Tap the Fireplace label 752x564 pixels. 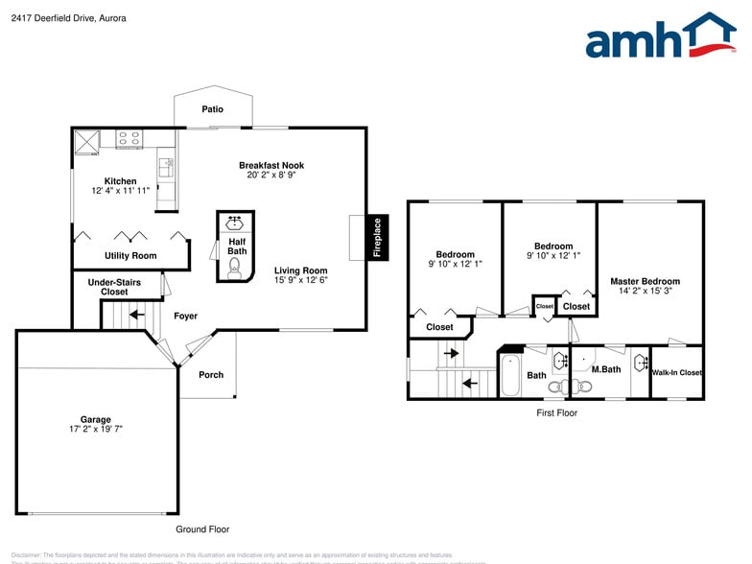[x=377, y=238]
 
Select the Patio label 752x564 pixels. [x=212, y=109]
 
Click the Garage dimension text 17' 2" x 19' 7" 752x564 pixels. [x=95, y=430]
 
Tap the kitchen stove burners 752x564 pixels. [x=129, y=139]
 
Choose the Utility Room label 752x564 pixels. [x=130, y=256]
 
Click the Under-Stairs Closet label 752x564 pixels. [x=114, y=287]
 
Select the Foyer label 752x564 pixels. [x=185, y=316]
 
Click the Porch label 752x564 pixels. [x=211, y=374]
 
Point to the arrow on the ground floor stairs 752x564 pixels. [x=135, y=314]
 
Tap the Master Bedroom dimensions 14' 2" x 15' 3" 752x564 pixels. [x=645, y=291]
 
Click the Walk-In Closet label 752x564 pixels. [x=677, y=372]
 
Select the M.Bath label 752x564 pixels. [x=606, y=369]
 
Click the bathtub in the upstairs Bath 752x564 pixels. [x=509, y=375]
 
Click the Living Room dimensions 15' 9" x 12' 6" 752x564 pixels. [x=300, y=280]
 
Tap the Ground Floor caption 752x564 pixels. [x=202, y=529]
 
